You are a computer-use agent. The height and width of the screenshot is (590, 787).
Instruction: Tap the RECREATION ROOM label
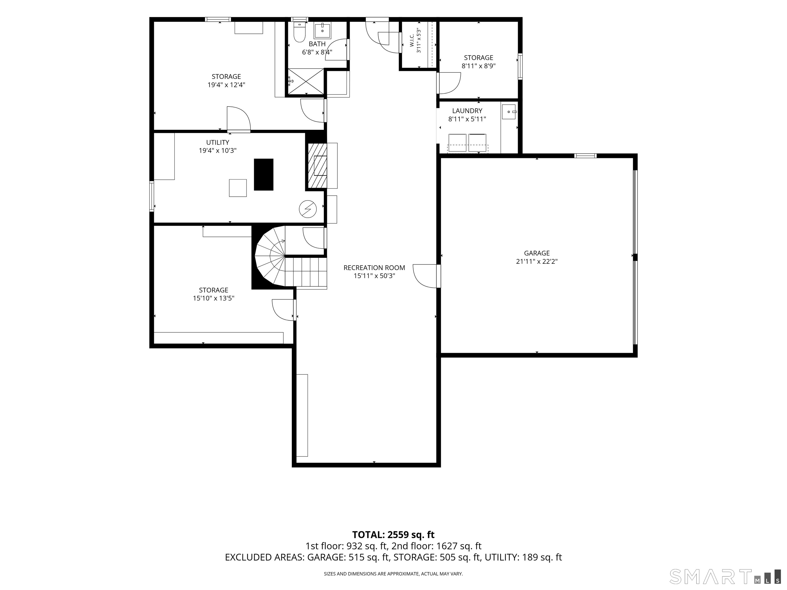tap(374, 268)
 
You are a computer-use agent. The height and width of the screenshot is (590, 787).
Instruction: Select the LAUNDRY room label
tap(467, 111)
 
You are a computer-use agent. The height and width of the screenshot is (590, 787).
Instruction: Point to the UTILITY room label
tap(218, 143)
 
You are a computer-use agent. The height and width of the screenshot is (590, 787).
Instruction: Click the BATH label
tap(317, 44)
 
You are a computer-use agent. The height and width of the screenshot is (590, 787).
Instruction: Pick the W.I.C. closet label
tap(412, 40)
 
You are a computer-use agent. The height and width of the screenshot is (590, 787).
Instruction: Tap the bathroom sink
tap(322, 30)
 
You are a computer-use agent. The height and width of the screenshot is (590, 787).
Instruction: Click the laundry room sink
tap(509, 112)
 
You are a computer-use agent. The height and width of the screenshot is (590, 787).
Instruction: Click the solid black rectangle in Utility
tap(264, 175)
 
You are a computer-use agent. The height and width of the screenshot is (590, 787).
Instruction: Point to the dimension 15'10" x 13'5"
tap(213, 298)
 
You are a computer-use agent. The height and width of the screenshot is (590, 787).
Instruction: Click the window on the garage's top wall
tap(585, 155)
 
